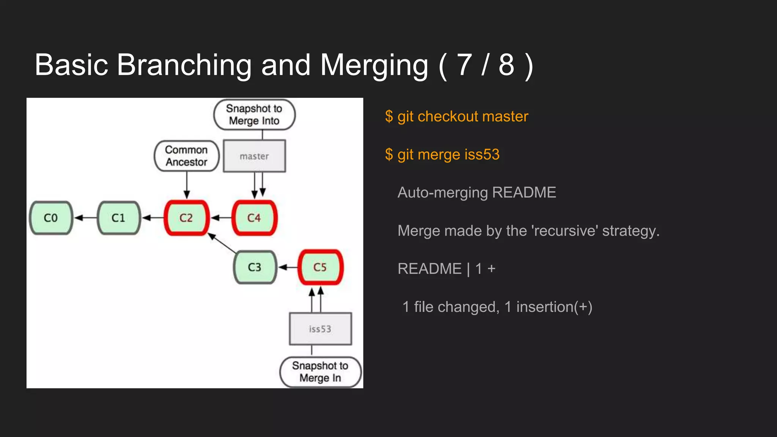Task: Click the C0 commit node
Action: pyautogui.click(x=51, y=218)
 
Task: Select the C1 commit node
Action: pyautogui.click(x=119, y=218)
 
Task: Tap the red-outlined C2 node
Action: pyautogui.click(x=186, y=218)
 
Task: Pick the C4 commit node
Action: pyautogui.click(x=254, y=218)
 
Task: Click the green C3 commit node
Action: pyautogui.click(x=255, y=267)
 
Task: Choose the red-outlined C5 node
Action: pyautogui.click(x=320, y=267)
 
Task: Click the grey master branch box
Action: pyautogui.click(x=254, y=156)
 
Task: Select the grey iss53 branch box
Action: pyautogui.click(x=320, y=329)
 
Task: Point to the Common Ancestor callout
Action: pyautogui.click(x=186, y=156)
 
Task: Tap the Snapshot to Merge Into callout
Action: pyautogui.click(x=254, y=115)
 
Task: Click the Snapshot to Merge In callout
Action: pyautogui.click(x=320, y=372)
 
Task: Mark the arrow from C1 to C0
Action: pyautogui.click(x=85, y=218)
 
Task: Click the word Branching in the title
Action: pyautogui.click(x=184, y=65)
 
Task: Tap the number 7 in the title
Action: pyautogui.click(x=464, y=65)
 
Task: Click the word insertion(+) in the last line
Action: pyautogui.click(x=554, y=307)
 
